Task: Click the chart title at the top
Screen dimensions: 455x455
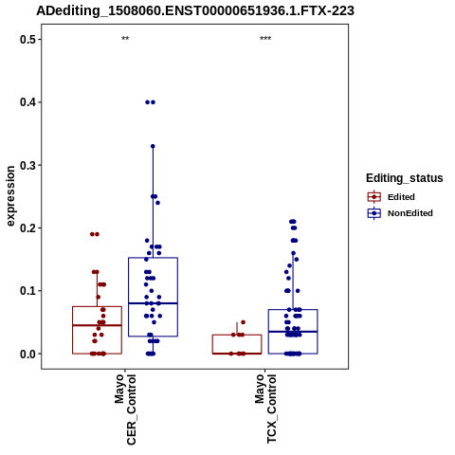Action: coord(195,10)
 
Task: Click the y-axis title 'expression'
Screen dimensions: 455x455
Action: coord(10,196)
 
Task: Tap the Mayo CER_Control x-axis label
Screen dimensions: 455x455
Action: coord(125,409)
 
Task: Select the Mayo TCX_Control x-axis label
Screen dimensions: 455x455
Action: coord(265,409)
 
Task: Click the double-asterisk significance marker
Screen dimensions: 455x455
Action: coord(125,39)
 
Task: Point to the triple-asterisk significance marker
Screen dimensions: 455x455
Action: coord(265,39)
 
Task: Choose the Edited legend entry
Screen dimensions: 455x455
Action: coord(391,197)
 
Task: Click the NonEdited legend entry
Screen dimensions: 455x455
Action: coord(400,213)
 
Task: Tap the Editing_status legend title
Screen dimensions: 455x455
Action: coord(405,178)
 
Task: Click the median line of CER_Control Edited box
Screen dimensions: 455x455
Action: coord(97,325)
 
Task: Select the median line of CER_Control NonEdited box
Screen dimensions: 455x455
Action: coord(153,303)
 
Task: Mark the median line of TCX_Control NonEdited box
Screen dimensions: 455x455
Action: coord(293,332)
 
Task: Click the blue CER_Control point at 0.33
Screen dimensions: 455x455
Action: coord(153,146)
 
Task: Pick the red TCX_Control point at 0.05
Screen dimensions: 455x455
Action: coord(243,322)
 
